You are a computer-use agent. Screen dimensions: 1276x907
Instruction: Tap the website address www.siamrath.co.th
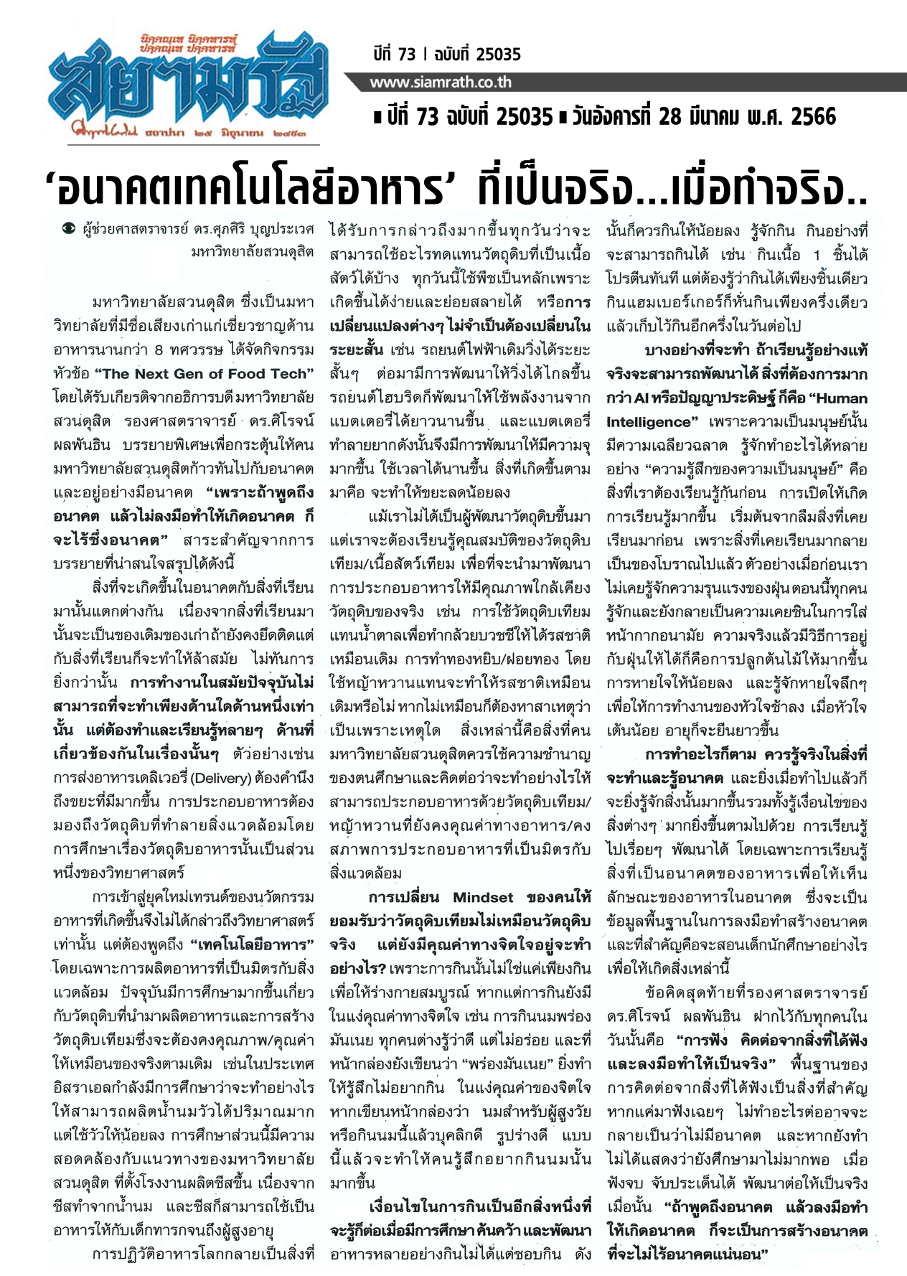click(x=441, y=83)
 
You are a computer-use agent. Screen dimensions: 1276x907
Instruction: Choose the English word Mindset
click(x=482, y=897)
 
